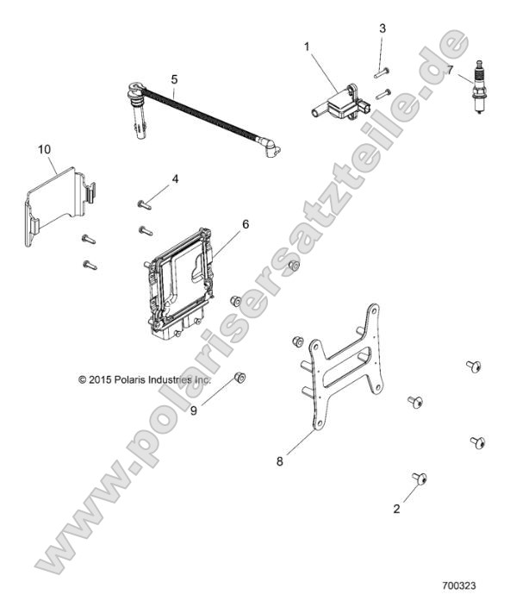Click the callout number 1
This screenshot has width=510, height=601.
pos(307,47)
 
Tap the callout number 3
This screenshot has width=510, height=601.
pos(382,28)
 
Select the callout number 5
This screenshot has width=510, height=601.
pos(174,79)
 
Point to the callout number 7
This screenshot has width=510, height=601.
pos(451,70)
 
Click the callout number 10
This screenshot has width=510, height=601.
pos(45,149)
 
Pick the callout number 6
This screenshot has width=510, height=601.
pos(246,224)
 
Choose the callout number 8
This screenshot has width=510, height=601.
pos(280,461)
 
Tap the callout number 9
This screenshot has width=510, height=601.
pos(194,410)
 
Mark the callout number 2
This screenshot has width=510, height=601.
pos(396,509)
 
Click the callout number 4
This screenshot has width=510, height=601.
pos(175,179)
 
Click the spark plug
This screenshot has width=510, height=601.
pos(478,87)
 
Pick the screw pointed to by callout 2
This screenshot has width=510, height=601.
pos(420,479)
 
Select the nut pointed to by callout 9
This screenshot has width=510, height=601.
pos(240,378)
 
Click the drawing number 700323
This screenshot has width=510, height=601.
pos(459,585)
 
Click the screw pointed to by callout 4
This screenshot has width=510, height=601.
pos(145,205)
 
